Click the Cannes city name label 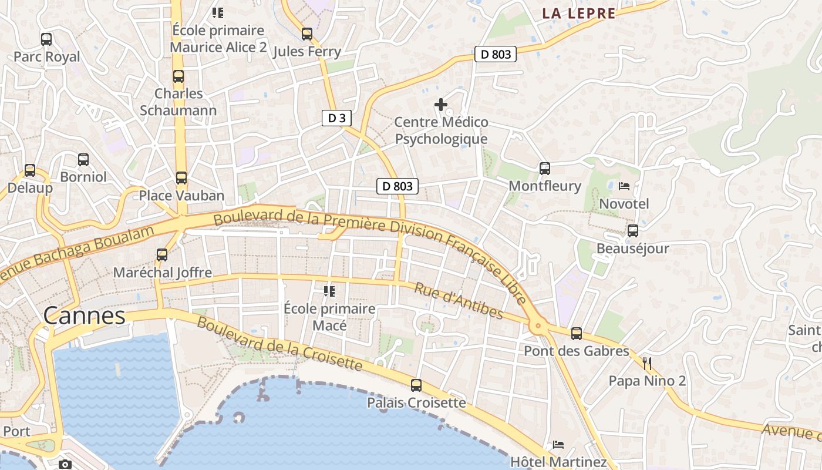pos(85,316)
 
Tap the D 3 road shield pos(336,118)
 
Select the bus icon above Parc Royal pos(46,39)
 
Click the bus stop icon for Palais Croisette pos(416,385)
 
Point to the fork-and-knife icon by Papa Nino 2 pos(647,364)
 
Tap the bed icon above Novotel pos(624,186)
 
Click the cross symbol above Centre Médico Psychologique pos(441,105)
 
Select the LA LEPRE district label pos(578,14)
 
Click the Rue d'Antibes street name pos(459,301)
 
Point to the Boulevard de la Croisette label pos(279,344)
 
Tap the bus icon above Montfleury pos(545,169)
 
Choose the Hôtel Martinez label pos(558,462)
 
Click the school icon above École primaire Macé pos(329,291)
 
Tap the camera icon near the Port pos(65,465)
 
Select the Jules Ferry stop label pos(307,52)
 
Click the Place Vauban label pos(181,196)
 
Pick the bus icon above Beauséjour pos(633,231)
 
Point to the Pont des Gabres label pos(576,351)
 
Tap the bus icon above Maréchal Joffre pos(162,255)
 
